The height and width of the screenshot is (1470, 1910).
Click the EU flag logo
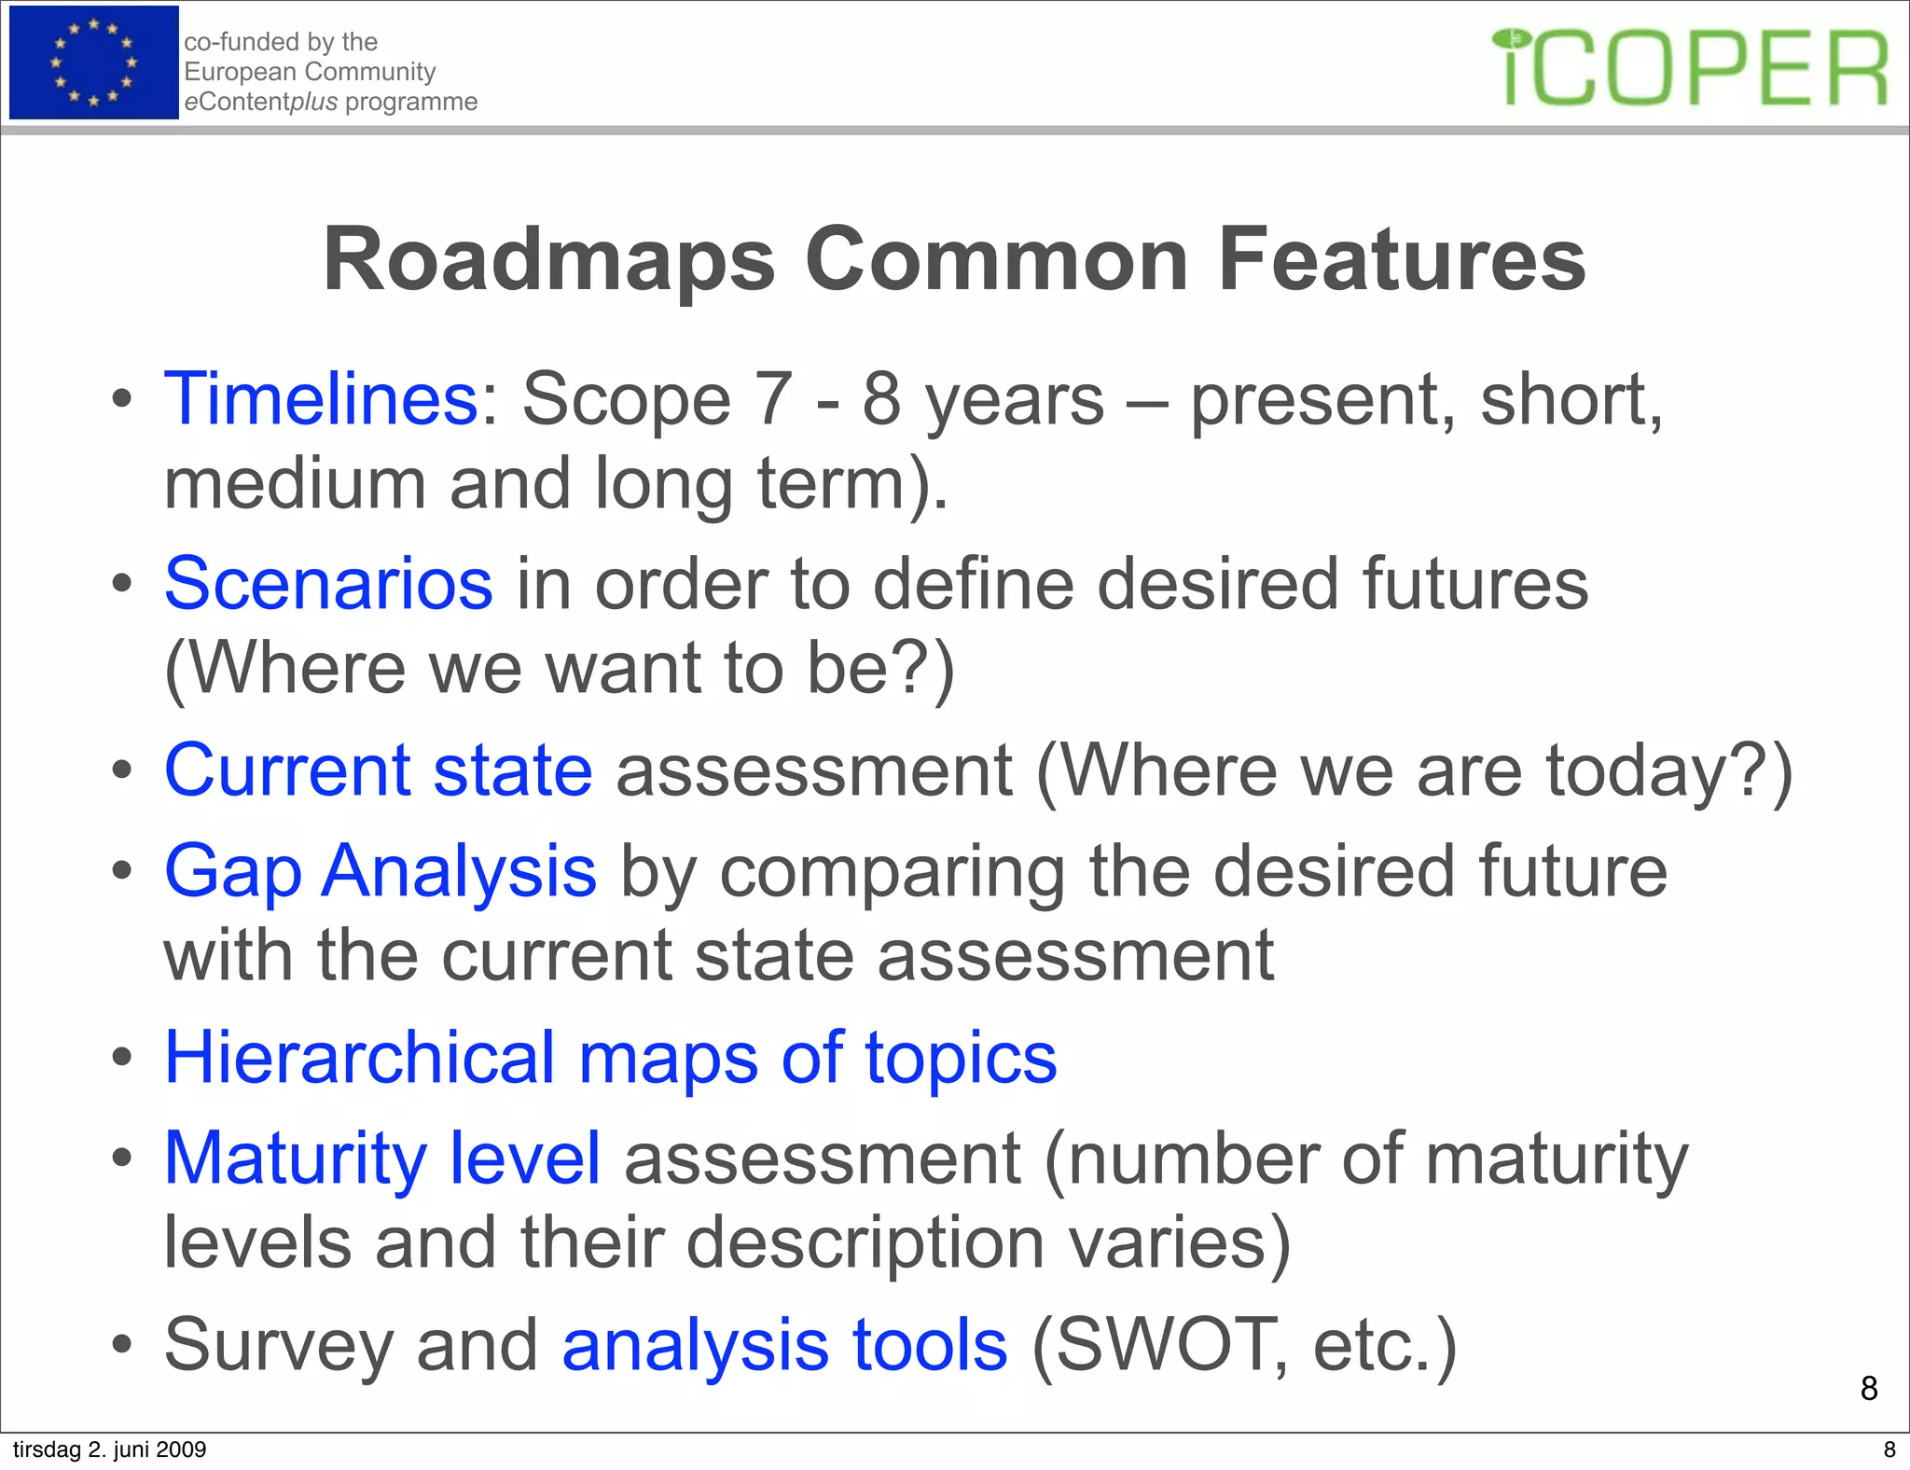(x=93, y=62)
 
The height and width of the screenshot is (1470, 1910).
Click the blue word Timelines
(x=321, y=399)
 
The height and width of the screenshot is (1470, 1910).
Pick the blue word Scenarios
(x=328, y=584)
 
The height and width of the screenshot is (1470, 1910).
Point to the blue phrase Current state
(x=378, y=770)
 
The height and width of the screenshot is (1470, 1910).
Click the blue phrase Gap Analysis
(x=380, y=871)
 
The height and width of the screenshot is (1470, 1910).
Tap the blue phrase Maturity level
(x=381, y=1158)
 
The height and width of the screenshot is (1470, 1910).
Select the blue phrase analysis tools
(x=784, y=1345)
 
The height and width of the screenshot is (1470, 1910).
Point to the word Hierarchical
(x=360, y=1058)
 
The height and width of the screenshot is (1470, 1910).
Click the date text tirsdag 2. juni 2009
(x=109, y=1449)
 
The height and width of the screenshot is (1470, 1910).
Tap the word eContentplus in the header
(x=261, y=102)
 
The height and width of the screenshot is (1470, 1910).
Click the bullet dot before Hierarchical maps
(x=121, y=1060)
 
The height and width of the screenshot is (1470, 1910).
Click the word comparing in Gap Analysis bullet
(x=892, y=871)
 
